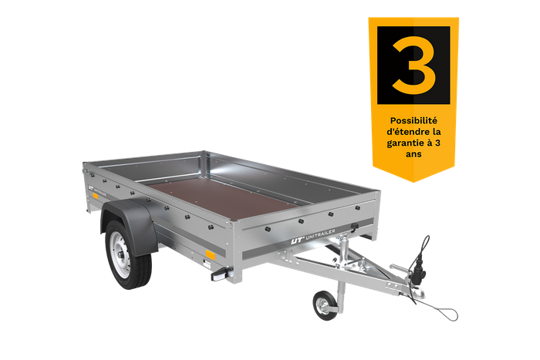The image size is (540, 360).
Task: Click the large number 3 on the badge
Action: click(413, 66)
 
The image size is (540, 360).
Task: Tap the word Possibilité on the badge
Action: click(413, 121)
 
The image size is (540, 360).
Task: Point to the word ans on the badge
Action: click(413, 154)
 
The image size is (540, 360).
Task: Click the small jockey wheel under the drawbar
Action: click(325, 305)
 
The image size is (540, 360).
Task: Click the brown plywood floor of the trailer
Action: click(222, 197)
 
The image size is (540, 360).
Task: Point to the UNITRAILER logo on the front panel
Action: click(312, 236)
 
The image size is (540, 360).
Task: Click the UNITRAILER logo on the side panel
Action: click(96, 191)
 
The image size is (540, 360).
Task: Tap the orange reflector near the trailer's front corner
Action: click(211, 255)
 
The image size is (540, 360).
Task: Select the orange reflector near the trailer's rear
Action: click(95, 196)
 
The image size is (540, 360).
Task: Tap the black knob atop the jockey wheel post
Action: click(354, 226)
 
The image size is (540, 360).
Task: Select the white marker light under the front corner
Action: click(218, 276)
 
